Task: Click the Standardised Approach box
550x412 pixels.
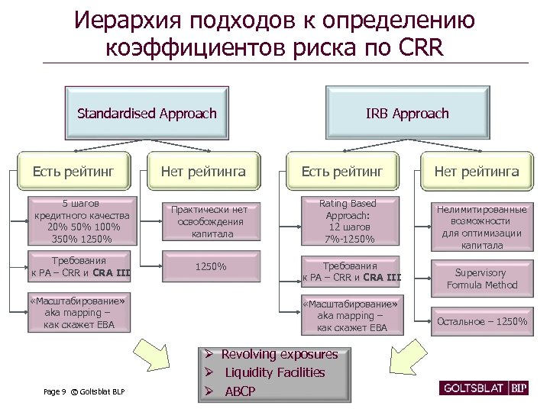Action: click(x=147, y=114)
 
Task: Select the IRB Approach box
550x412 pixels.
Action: click(x=407, y=114)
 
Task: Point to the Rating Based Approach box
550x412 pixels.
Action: click(x=348, y=221)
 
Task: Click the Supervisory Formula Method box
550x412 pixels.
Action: click(x=486, y=278)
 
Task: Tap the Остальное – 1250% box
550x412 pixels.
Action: click(x=481, y=321)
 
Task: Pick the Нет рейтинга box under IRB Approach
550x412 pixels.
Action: click(x=477, y=172)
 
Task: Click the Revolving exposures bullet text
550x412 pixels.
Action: click(x=280, y=355)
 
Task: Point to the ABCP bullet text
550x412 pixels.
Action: click(x=241, y=391)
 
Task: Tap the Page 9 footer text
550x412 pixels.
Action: click(x=55, y=392)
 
